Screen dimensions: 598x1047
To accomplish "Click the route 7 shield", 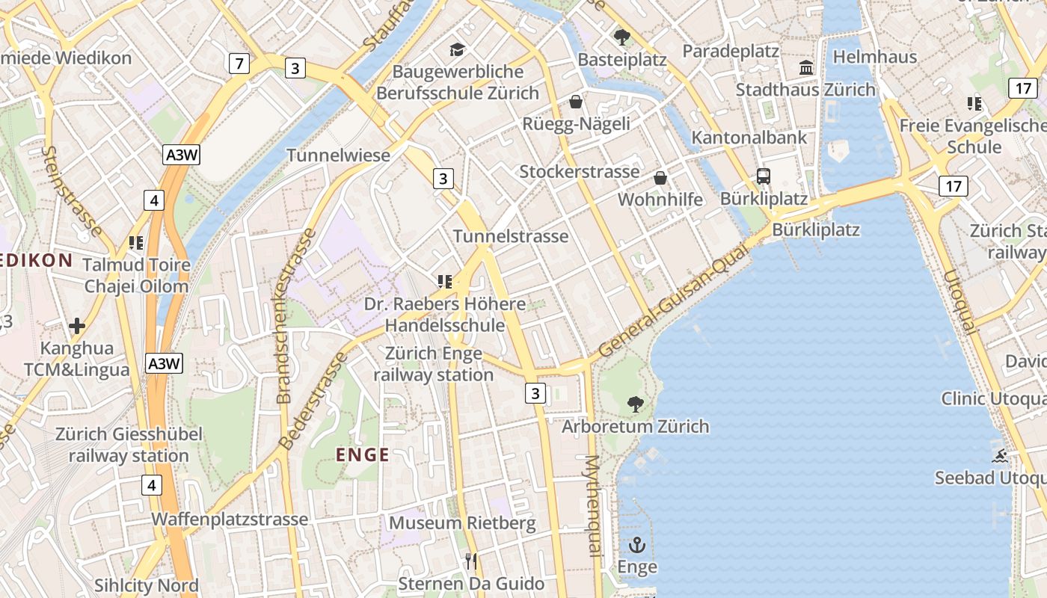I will click(x=238, y=64).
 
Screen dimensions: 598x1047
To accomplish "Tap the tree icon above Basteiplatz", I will click(x=621, y=37).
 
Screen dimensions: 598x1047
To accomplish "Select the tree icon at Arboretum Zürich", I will click(x=635, y=404).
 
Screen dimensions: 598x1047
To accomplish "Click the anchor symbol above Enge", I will click(x=637, y=544).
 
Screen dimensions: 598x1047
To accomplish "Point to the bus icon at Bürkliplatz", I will click(x=763, y=176).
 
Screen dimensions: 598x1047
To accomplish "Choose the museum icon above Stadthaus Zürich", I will click(x=806, y=68).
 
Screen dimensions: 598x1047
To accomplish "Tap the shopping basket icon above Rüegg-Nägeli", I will click(x=576, y=102).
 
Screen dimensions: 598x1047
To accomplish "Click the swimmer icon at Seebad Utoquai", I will click(x=1000, y=455).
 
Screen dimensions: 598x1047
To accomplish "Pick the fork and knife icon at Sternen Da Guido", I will click(x=470, y=561).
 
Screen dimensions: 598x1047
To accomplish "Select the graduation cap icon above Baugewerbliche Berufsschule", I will click(x=457, y=50).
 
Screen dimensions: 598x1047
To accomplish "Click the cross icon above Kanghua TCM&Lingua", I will click(x=77, y=326).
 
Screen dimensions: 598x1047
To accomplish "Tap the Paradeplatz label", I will click(x=731, y=52).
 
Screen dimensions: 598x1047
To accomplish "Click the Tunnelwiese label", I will click(x=339, y=155).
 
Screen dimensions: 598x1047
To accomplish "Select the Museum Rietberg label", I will click(x=462, y=523).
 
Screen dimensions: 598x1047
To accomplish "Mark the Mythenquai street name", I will click(x=593, y=506).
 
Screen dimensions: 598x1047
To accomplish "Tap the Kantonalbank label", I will click(x=749, y=138).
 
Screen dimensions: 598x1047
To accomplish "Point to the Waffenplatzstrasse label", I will click(x=230, y=520).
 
